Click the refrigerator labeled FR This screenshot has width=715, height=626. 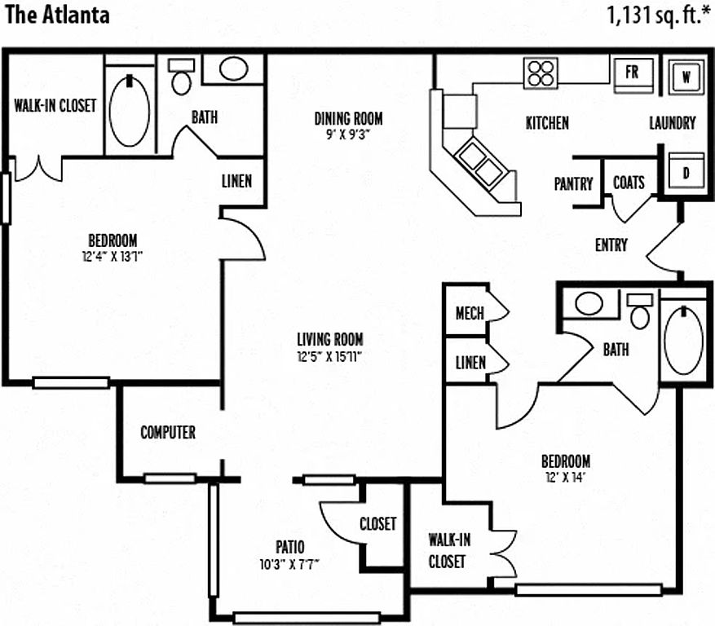point(632,72)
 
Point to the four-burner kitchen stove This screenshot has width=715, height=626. point(541,73)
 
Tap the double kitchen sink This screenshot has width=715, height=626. point(479,162)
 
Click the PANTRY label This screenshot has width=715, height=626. point(574,184)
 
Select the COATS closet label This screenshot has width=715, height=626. point(629,183)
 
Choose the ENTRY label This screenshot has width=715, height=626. point(611,245)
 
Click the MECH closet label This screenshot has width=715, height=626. point(470,314)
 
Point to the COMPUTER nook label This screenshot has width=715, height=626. point(168,432)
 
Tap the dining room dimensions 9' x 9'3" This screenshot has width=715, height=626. point(348,134)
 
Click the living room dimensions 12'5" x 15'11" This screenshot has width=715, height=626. point(329,355)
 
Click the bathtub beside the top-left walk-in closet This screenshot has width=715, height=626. point(129,110)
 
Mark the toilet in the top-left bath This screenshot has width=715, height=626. point(180,79)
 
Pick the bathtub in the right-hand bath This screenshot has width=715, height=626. point(683,338)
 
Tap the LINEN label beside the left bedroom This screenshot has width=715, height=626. point(236,181)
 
